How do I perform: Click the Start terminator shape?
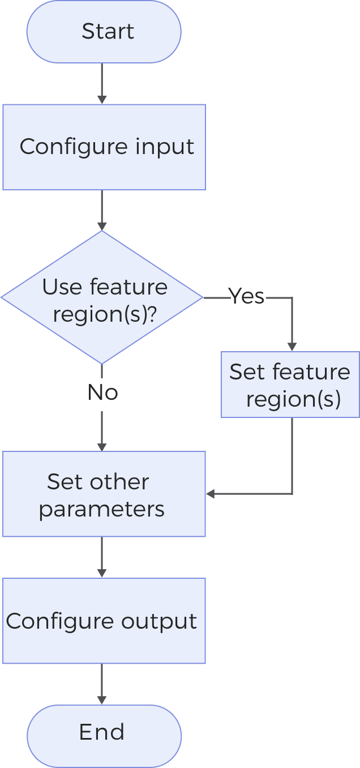click(x=104, y=31)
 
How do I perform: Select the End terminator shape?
click(x=104, y=735)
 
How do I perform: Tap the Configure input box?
click(x=104, y=147)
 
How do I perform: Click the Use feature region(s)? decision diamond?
click(x=102, y=297)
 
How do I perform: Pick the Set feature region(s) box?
click(x=290, y=385)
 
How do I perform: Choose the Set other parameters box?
click(x=104, y=494)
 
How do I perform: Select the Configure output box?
click(x=104, y=621)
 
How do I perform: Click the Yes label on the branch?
click(x=246, y=296)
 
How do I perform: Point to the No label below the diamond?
click(x=102, y=392)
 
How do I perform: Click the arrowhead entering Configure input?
click(x=102, y=100)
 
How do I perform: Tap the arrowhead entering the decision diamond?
click(x=102, y=226)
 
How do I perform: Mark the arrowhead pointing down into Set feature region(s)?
click(x=292, y=347)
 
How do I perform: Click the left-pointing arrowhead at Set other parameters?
click(x=211, y=494)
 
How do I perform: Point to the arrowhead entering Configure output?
click(x=102, y=573)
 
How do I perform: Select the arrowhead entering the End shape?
click(x=102, y=700)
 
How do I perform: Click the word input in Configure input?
click(x=165, y=147)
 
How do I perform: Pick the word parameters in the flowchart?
click(x=102, y=509)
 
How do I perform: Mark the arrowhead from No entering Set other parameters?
click(x=102, y=447)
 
